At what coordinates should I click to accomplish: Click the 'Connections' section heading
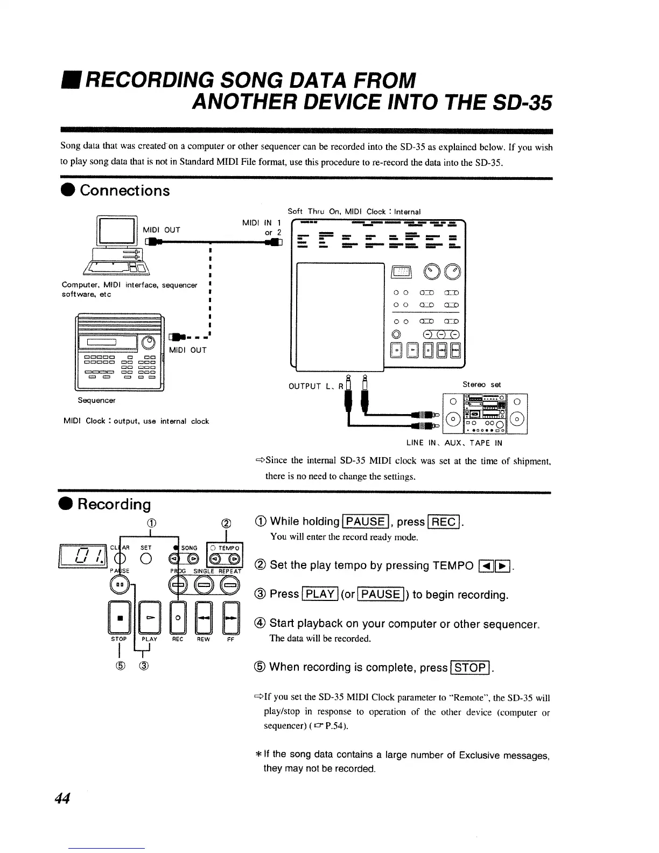pos(124,191)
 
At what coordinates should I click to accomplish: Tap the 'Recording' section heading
pos(114,504)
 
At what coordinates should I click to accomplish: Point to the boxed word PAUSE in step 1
pos(366,521)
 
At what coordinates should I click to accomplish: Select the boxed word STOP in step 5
pos(471,667)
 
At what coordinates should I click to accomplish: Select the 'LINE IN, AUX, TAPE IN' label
pos(454,443)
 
